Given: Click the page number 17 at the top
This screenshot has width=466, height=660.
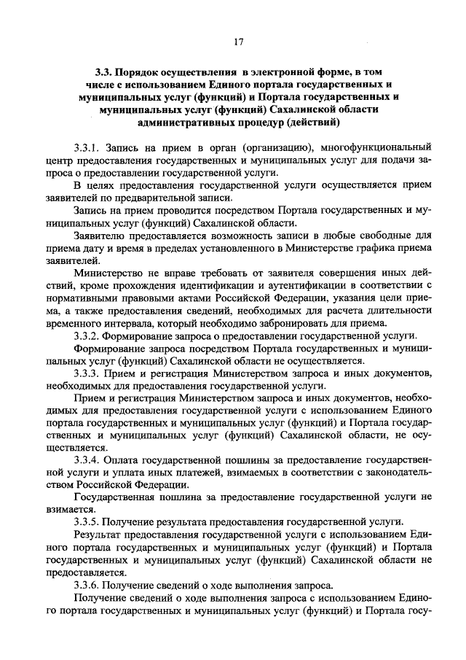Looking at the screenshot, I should coord(237,42).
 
